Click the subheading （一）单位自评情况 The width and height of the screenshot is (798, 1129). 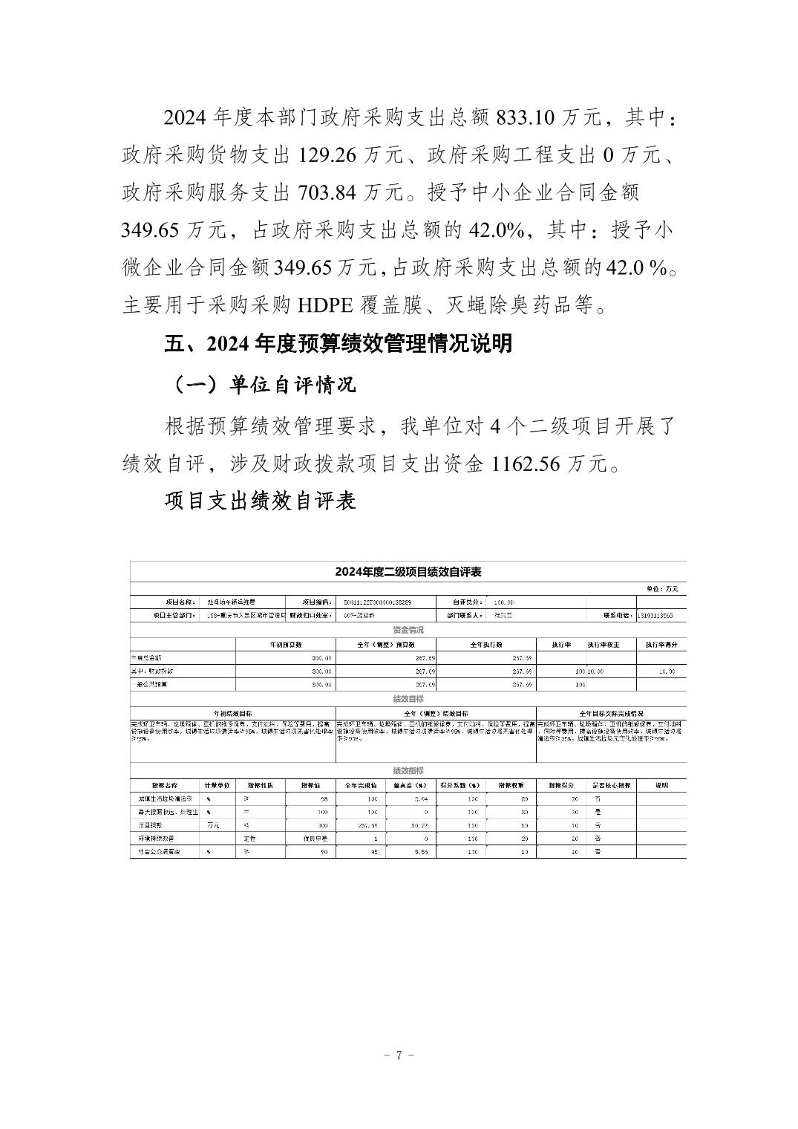262,384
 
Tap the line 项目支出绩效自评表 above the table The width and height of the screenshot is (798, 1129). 260,501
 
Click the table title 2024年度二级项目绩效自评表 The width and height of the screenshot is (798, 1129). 408,572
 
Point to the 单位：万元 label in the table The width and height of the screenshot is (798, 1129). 662,589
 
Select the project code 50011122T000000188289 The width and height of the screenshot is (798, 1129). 374,602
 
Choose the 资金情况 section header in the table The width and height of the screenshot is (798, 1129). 408,630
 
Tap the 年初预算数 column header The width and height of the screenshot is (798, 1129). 286,644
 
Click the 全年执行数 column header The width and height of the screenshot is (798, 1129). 486,644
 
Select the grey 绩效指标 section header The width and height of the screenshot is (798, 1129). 408,771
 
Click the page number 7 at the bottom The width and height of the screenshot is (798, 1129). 399,1055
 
